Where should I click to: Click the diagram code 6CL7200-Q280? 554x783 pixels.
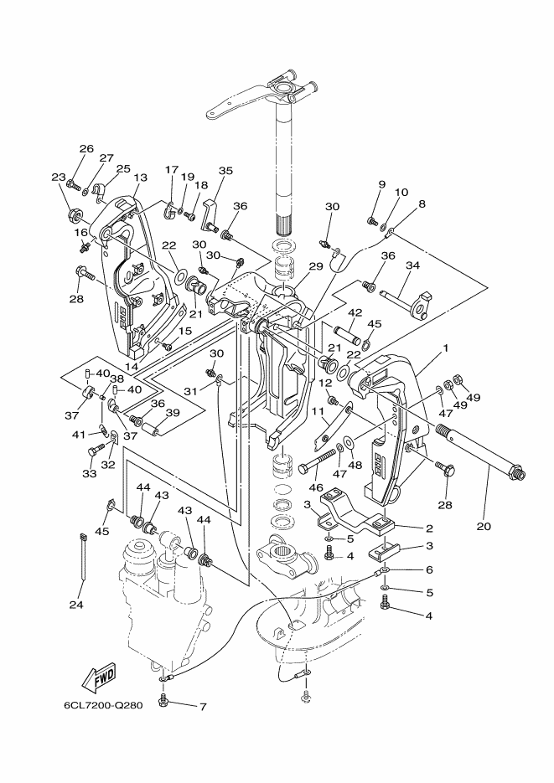pos(103,706)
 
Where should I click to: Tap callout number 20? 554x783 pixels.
pos(484,526)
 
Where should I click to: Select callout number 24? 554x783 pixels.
pos(76,605)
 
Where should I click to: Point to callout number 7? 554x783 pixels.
pos(203,707)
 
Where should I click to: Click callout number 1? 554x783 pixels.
pos(444,348)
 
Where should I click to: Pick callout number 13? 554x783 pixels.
pos(140,178)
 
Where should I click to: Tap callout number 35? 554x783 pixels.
pos(225,170)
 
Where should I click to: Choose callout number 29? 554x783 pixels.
pos(316,266)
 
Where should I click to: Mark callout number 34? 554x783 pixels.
pos(412,265)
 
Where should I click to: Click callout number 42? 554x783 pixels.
pos(355,313)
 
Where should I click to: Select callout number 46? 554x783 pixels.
pos(316,487)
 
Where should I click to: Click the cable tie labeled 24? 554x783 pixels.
pos(83,557)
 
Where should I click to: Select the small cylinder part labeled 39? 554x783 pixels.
pos(152,429)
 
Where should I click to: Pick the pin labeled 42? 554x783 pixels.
pos(347,333)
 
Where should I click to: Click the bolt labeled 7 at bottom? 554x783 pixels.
pos(163,701)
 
